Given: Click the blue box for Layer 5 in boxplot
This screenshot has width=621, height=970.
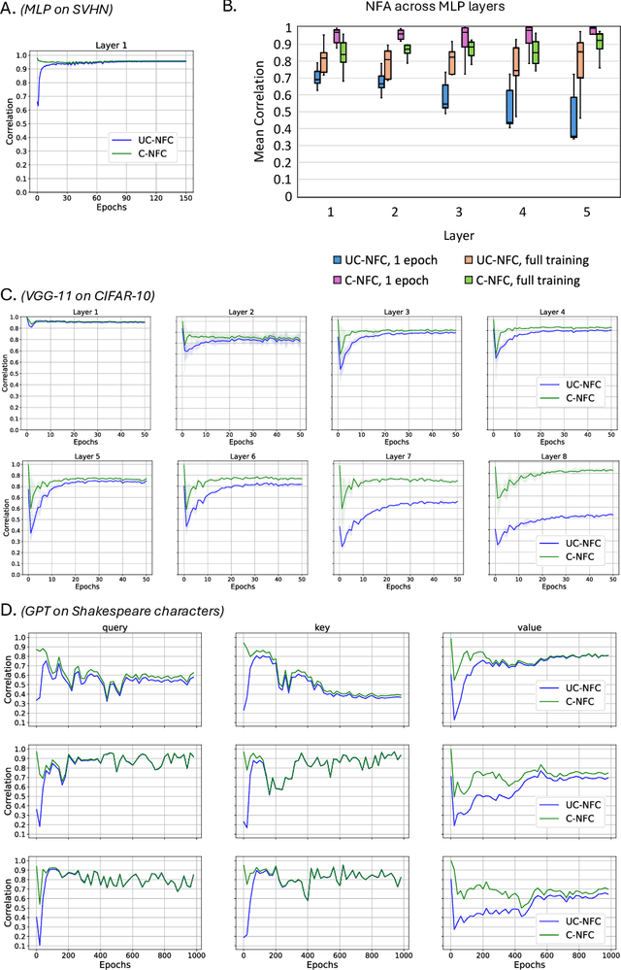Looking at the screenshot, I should click(573, 116).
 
